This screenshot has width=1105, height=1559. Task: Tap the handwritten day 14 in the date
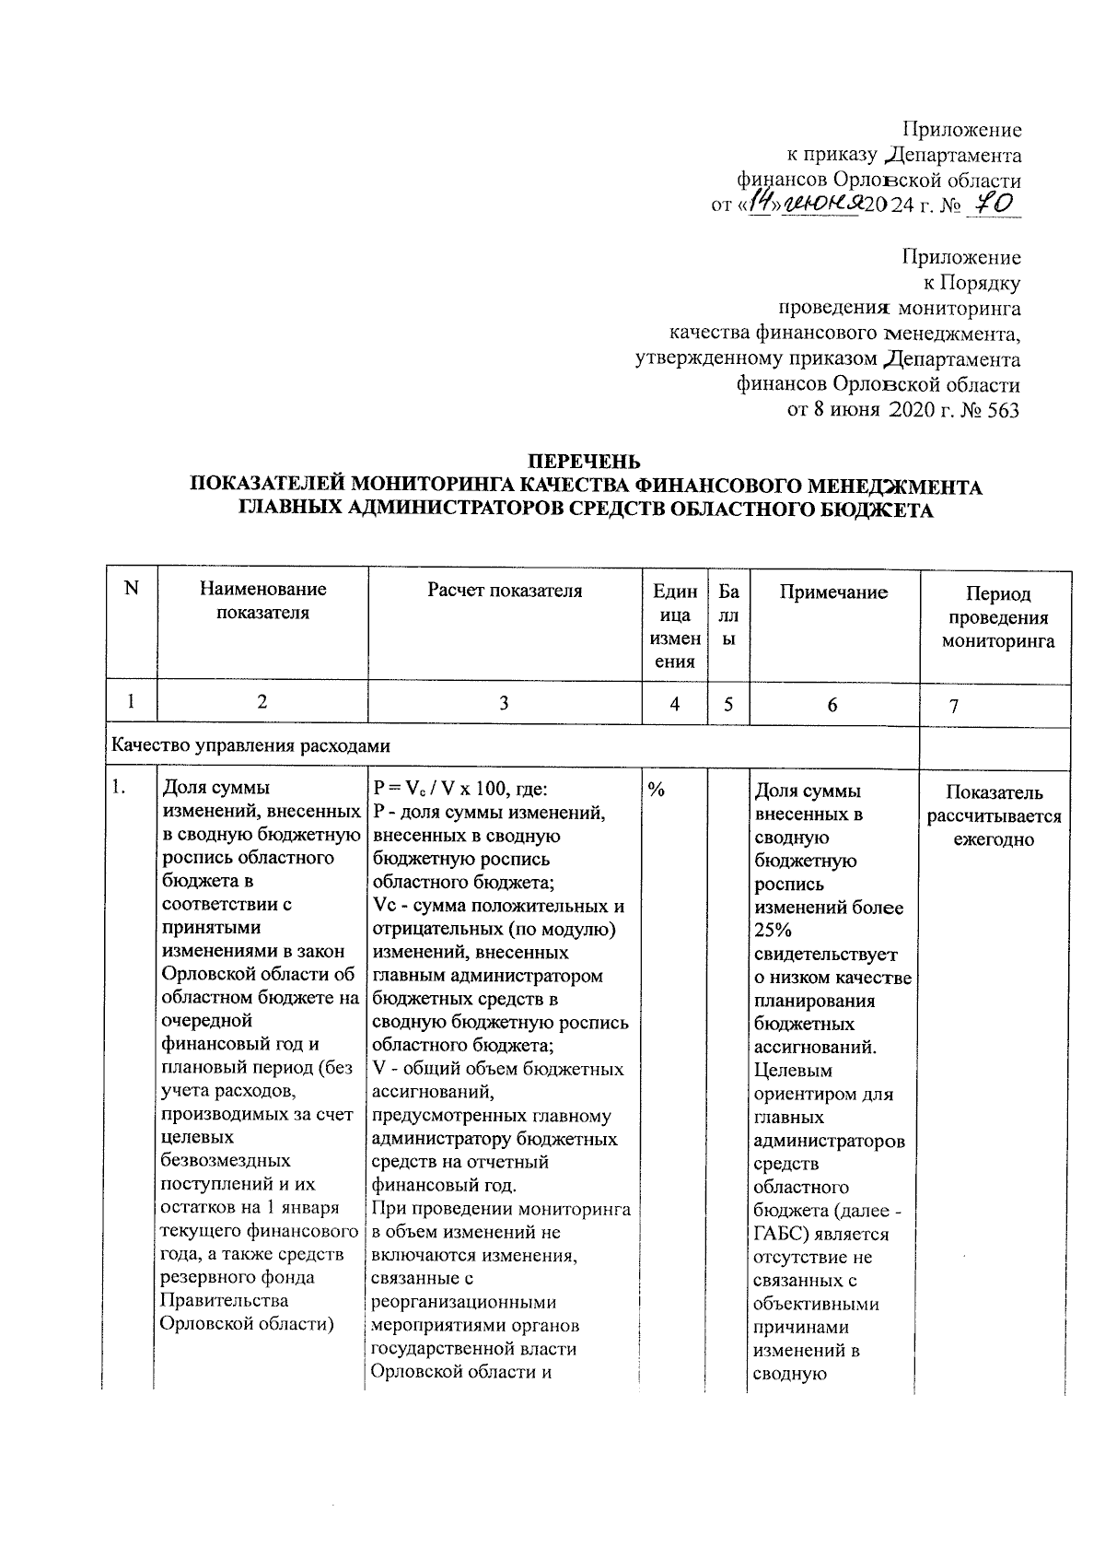(763, 203)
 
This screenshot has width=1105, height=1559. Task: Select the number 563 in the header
(1002, 410)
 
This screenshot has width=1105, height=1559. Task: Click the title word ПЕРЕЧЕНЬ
(583, 461)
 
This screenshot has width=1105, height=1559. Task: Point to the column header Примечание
(833, 592)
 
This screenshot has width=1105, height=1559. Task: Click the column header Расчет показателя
(505, 592)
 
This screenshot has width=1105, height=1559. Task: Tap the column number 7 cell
(954, 706)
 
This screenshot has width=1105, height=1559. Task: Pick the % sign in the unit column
(657, 791)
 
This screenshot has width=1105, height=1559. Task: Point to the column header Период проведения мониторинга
(998, 617)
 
